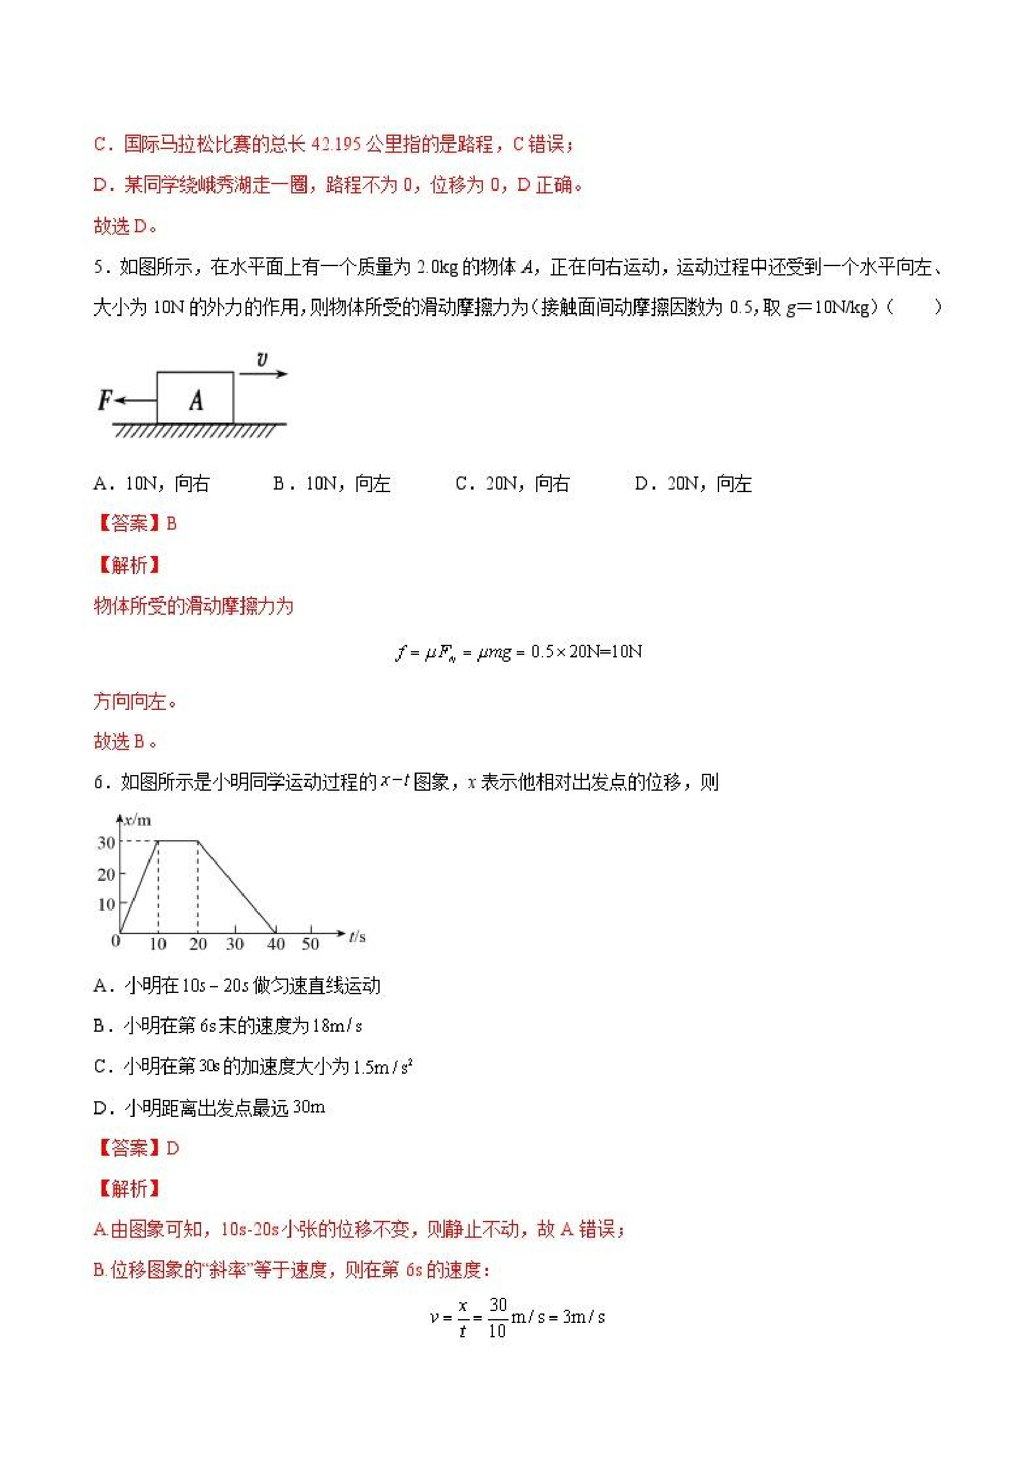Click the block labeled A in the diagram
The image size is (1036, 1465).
click(x=195, y=398)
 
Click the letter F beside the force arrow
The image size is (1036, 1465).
click(x=105, y=400)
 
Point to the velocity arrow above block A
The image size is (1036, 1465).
click(x=264, y=374)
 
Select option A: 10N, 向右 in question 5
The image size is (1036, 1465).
click(x=152, y=484)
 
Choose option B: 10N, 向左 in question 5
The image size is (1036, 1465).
click(x=331, y=484)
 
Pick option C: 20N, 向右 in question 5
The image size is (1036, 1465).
click(x=512, y=484)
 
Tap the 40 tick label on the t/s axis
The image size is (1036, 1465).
click(x=276, y=943)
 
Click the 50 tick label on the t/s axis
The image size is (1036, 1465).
click(x=310, y=943)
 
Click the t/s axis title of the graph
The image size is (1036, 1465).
click(x=357, y=937)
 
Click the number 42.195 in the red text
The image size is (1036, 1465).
click(x=336, y=144)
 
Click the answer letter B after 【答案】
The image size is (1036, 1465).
click(x=171, y=524)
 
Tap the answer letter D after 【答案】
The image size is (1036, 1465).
click(x=172, y=1148)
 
